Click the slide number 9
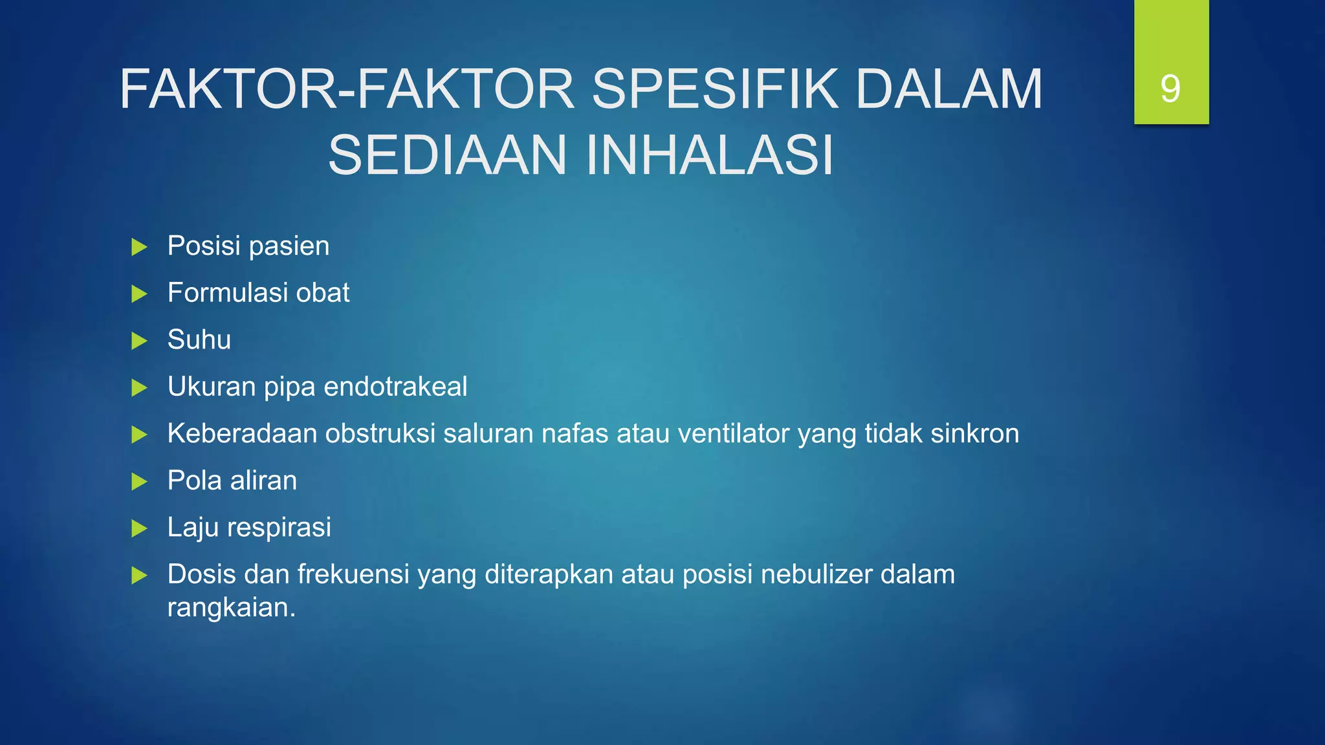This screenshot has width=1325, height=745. pyautogui.click(x=1170, y=89)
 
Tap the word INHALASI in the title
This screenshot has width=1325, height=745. pyautogui.click(x=710, y=155)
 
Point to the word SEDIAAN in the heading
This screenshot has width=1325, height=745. pyautogui.click(x=447, y=155)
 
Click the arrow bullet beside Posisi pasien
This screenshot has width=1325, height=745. pyautogui.click(x=139, y=247)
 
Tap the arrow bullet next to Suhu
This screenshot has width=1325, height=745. pyautogui.click(x=139, y=341)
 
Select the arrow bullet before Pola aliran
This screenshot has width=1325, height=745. pyautogui.click(x=139, y=481)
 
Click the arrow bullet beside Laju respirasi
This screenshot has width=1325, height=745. pyautogui.click(x=139, y=528)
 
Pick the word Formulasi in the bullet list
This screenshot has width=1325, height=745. pyautogui.click(x=227, y=293)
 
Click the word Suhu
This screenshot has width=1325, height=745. pyautogui.click(x=199, y=340)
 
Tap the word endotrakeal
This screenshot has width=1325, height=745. pyautogui.click(x=395, y=387)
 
